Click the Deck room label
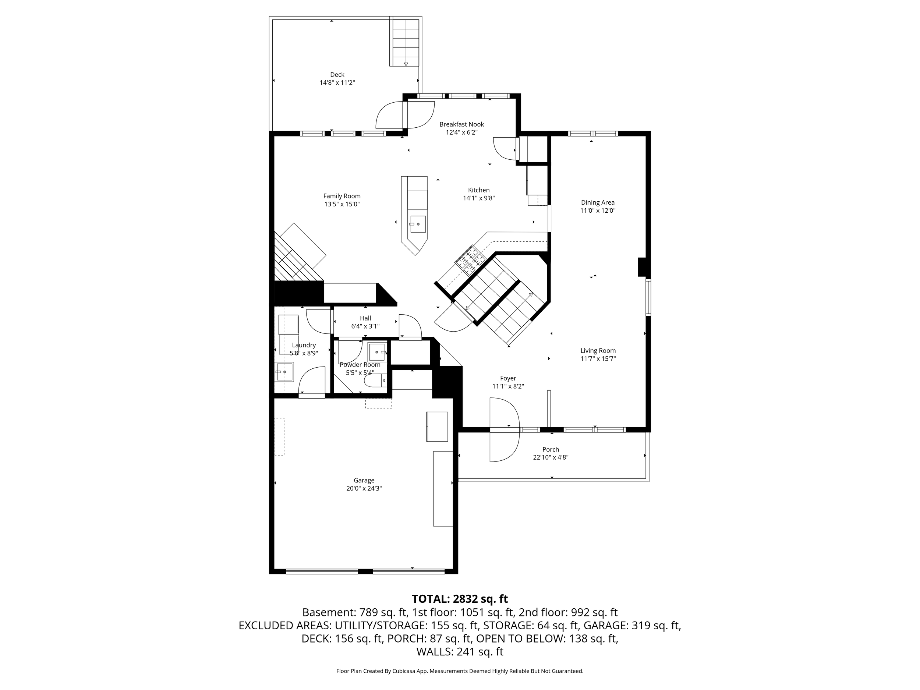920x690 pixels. coord(337,75)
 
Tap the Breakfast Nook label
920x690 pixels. coord(462,124)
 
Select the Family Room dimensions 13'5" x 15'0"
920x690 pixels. coord(342,204)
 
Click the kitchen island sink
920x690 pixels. coord(418,224)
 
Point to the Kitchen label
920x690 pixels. coord(479,190)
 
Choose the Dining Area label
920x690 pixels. coord(598,202)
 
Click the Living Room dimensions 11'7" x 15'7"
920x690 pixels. coord(598,358)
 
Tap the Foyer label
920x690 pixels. coord(508,378)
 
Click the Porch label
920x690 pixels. coord(551,450)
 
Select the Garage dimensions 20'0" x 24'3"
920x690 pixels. coord(364,488)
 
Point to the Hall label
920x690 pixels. coord(365,318)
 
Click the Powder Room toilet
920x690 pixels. coord(375,380)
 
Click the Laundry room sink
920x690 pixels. coord(284,372)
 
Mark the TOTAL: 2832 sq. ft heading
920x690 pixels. coord(460,599)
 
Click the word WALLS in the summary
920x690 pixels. coord(435,652)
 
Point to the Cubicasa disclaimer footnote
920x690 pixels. coord(460,671)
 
